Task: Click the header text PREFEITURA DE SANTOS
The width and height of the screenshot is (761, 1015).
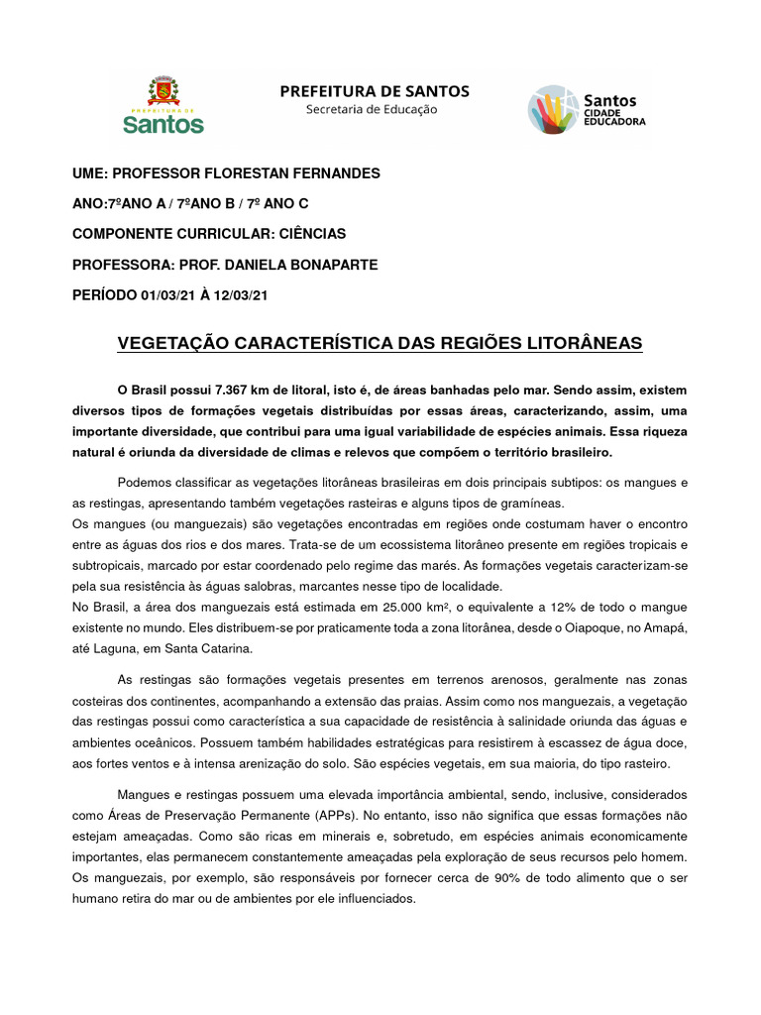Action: [375, 91]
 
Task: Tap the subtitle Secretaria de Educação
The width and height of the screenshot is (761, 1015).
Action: [372, 109]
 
